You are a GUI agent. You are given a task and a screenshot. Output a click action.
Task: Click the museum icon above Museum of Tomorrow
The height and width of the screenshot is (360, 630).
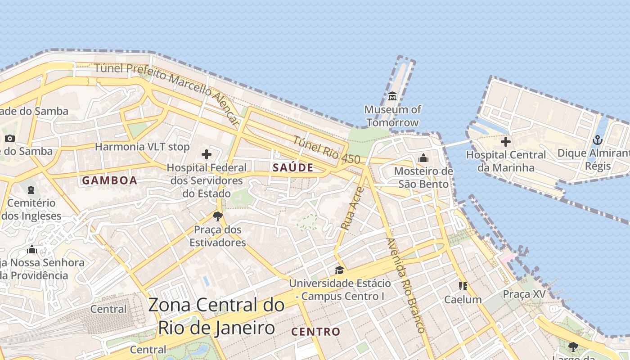coord(392,96)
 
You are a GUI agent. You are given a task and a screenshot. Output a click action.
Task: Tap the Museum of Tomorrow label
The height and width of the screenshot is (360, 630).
coord(392,116)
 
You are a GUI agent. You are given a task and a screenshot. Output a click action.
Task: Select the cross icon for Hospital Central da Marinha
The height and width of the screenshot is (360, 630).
coord(506,142)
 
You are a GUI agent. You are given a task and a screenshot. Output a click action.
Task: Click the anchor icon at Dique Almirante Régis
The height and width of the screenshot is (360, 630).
coord(598,140)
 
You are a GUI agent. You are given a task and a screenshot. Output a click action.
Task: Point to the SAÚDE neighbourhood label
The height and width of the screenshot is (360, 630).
coord(293,167)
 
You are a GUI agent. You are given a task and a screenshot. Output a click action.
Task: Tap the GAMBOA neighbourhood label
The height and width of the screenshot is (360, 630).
coord(109,180)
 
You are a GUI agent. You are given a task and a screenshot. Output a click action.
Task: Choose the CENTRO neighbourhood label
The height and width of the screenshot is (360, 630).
coord(315,332)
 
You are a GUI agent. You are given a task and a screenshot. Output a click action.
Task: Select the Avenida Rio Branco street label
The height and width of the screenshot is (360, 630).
coord(405,285)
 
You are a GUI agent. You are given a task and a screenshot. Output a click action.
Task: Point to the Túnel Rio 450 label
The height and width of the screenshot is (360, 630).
coord(326,149)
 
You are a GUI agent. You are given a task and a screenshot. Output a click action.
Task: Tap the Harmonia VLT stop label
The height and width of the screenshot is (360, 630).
coord(142,147)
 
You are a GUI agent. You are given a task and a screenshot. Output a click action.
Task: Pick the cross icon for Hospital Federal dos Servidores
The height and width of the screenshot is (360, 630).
coord(207,154)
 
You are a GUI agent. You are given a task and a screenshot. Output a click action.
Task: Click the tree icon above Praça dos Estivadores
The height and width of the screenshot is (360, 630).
coord(218,216)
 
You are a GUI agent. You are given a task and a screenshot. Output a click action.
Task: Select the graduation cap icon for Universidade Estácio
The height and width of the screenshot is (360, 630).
coord(339,270)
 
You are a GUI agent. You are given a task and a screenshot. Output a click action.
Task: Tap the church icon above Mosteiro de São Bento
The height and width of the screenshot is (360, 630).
coord(423,158)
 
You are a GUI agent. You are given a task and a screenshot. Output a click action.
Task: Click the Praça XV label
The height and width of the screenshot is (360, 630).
coord(524,294)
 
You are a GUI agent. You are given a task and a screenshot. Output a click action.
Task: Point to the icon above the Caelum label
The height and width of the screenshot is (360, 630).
coord(463,286)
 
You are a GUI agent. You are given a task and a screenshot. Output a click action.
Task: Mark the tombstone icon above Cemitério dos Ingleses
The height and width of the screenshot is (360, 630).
coord(31,190)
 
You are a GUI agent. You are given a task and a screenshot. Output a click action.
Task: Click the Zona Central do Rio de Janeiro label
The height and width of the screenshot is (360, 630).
coord(216,316)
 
